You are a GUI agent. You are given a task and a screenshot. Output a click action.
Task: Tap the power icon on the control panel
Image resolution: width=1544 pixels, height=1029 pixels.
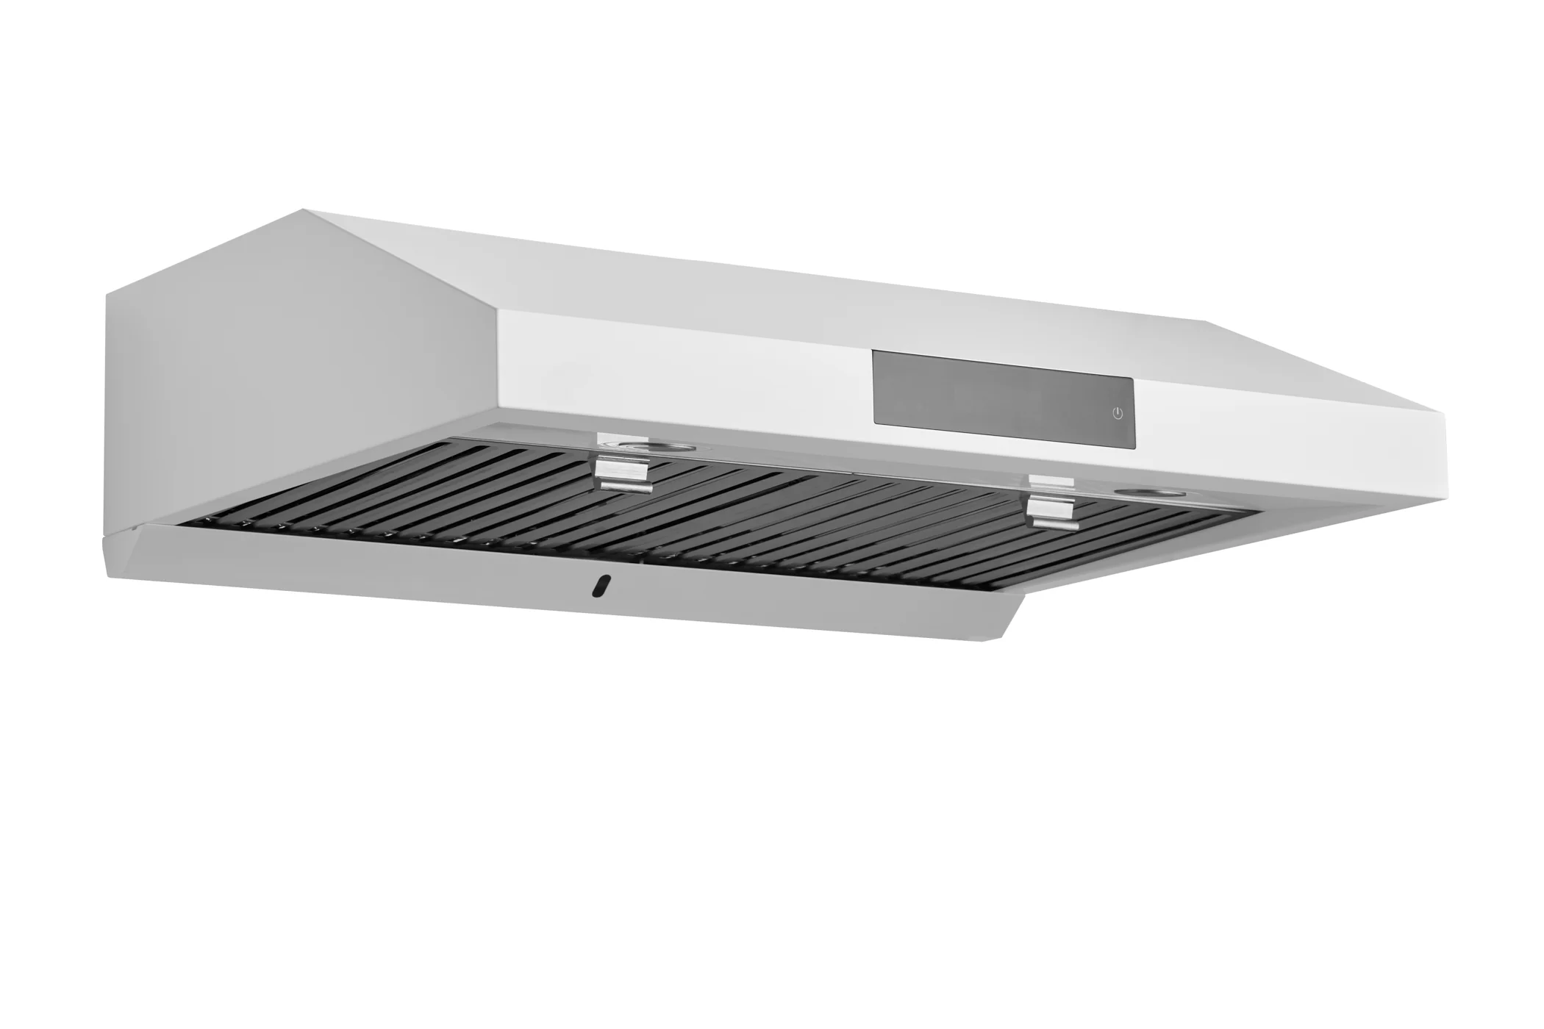(x=1118, y=413)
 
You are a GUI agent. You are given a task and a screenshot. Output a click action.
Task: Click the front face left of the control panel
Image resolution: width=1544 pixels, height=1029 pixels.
(x=684, y=375)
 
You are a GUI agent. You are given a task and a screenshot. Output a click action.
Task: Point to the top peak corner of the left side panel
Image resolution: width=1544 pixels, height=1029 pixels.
(x=304, y=211)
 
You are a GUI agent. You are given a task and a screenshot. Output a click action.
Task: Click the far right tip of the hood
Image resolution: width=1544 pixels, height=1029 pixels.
(x=1445, y=441)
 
